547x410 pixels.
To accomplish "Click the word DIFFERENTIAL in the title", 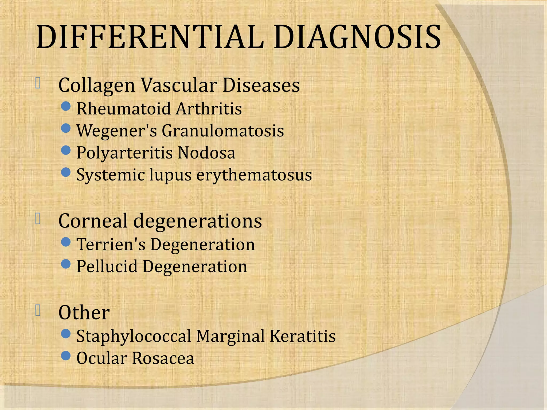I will [150, 37].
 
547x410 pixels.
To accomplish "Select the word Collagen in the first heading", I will [97, 85].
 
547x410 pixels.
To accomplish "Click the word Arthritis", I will [209, 109].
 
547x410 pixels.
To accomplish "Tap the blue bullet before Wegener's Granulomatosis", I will [66, 128].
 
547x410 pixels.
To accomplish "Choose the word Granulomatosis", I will [223, 131].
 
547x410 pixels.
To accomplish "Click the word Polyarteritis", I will [124, 153].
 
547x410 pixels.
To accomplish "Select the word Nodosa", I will [206, 153].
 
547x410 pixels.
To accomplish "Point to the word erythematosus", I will [254, 175].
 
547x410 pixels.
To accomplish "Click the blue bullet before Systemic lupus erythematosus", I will [66, 172].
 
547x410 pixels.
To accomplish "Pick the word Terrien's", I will [111, 245].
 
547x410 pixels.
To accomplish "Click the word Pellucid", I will [107, 267].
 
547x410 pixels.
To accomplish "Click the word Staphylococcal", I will [134, 336].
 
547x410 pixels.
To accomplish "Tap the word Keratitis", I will [302, 336].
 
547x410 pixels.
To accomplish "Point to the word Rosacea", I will [163, 358].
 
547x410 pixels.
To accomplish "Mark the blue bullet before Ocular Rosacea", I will [66, 356].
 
